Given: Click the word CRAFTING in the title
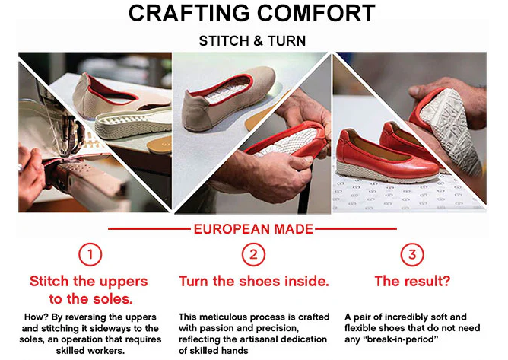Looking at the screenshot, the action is click(189, 13).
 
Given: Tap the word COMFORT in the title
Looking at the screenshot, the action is click(316, 13).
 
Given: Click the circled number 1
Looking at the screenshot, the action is click(90, 254).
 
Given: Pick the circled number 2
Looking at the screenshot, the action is click(253, 254).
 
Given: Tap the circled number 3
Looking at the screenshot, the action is click(412, 254).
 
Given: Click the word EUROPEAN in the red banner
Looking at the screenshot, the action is click(232, 229).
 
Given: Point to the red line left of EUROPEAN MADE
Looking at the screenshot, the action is click(149, 228).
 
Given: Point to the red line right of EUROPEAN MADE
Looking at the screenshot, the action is click(356, 228).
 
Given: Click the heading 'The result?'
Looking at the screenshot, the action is click(412, 281).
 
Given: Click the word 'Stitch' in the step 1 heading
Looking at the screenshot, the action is click(49, 281).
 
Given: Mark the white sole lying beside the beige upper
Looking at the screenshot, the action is click(133, 123).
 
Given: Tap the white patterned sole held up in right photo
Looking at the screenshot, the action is click(449, 129).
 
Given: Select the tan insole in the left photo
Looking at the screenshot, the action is click(160, 145).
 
